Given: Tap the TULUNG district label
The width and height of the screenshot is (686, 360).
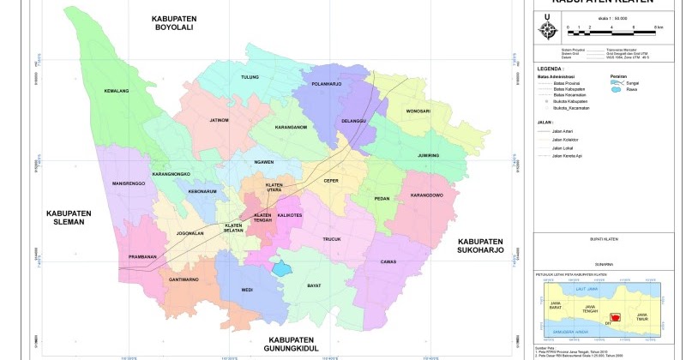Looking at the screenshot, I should pos(250,77).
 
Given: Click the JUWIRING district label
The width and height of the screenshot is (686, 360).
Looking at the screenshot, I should pos(426,155).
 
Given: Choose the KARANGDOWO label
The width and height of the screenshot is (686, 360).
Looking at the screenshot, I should pos(427,195).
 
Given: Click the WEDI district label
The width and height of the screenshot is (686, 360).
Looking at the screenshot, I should pos(247,290).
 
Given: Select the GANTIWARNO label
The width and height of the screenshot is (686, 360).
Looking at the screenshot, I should pos(184,279).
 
